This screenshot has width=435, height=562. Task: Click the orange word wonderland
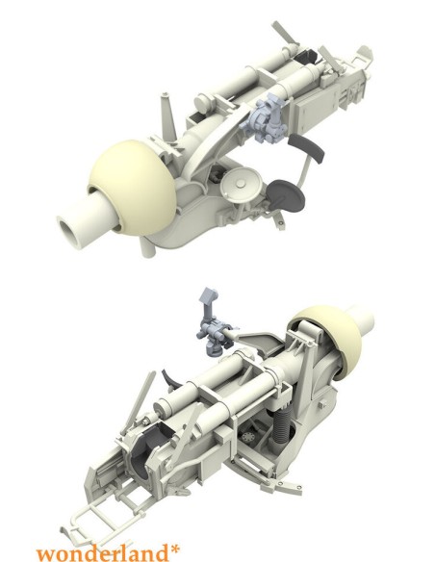click(x=103, y=552)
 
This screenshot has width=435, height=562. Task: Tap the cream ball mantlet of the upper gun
click(x=134, y=187)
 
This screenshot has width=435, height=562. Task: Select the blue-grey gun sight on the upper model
click(x=264, y=118)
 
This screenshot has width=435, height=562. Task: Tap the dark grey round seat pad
click(x=286, y=195)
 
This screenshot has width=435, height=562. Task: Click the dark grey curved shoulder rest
click(x=306, y=147)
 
